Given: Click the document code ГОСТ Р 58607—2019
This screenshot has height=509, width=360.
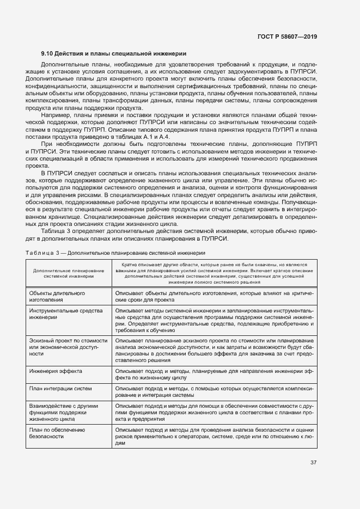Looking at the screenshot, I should tap(287, 36).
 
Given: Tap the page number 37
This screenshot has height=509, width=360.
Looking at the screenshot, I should tap(313, 463).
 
